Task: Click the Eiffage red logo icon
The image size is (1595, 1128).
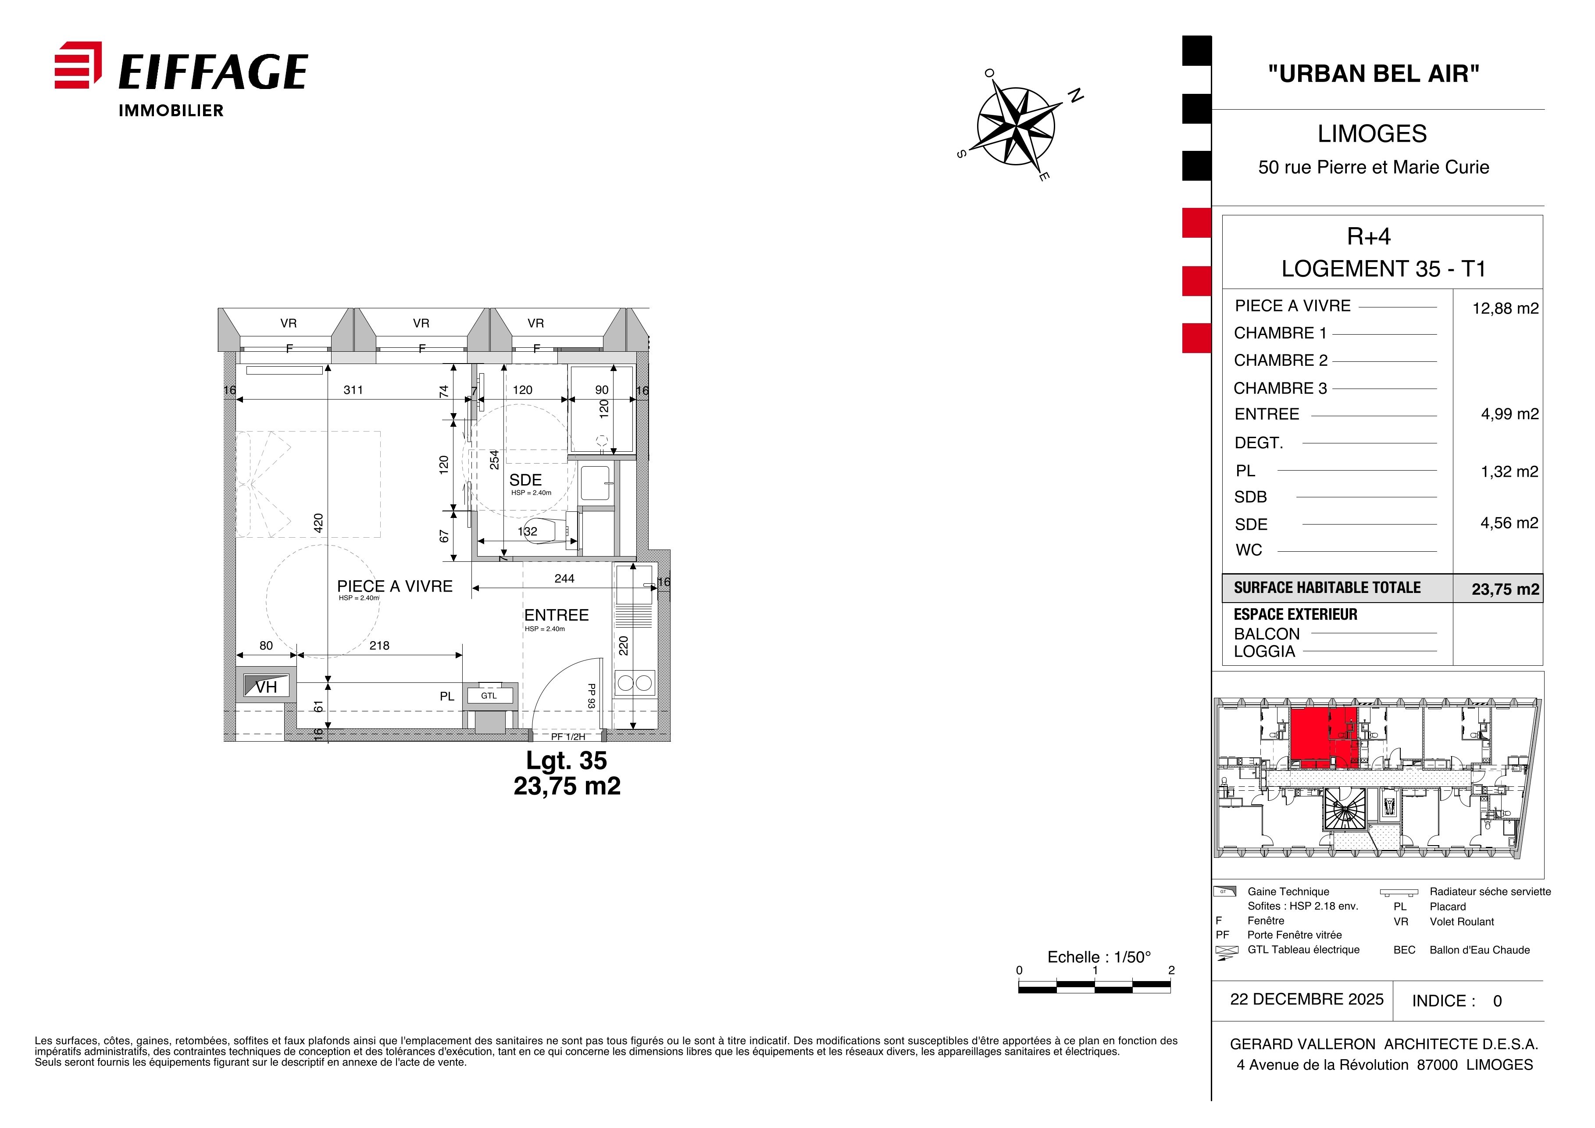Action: click(x=78, y=65)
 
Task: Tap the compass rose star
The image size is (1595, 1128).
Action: click(x=1016, y=126)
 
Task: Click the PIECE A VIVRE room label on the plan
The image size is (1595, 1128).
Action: click(x=395, y=586)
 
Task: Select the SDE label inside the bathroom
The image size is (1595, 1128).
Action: click(x=525, y=480)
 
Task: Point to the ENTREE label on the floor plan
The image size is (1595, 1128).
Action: click(x=557, y=615)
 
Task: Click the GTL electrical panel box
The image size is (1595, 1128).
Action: click(x=489, y=695)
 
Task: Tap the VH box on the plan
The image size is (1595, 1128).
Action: click(x=266, y=686)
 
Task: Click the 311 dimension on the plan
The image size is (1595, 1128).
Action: click(x=353, y=389)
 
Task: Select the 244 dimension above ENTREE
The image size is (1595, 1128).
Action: click(x=564, y=578)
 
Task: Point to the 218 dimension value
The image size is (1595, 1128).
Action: click(x=379, y=645)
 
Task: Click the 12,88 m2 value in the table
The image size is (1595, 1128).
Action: click(x=1506, y=308)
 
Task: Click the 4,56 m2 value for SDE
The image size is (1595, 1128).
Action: click(x=1509, y=523)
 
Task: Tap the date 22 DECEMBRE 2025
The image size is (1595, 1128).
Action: click(x=1307, y=999)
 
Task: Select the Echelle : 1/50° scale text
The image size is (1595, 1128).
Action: click(x=1099, y=957)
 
